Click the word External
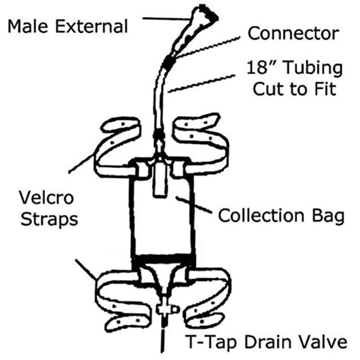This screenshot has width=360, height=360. coord(91,26)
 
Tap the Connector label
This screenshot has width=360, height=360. coord(293,33)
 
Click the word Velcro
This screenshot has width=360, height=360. coord(47,198)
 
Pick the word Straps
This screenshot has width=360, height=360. coord(49,220)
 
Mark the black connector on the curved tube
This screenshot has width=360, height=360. coord(169,61)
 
